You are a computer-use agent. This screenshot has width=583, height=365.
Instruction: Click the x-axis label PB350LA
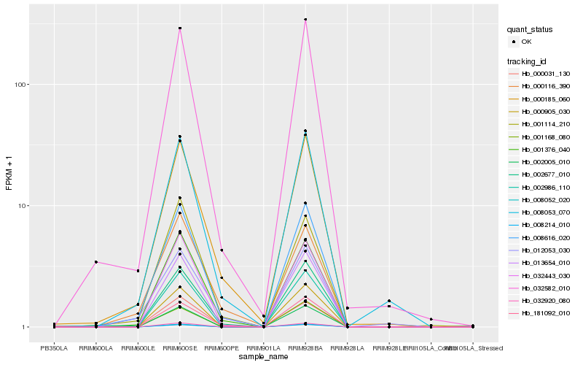click(54, 348)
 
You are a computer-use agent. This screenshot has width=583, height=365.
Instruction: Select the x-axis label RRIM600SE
click(179, 348)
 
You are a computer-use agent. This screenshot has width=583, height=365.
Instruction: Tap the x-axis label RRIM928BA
click(305, 348)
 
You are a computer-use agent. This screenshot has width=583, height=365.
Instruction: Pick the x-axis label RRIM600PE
click(222, 348)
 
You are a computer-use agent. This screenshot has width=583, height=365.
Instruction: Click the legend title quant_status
click(531, 30)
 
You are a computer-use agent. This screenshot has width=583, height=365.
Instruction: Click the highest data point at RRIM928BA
click(305, 20)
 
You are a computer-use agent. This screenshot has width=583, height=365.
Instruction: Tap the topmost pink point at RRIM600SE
click(179, 28)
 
